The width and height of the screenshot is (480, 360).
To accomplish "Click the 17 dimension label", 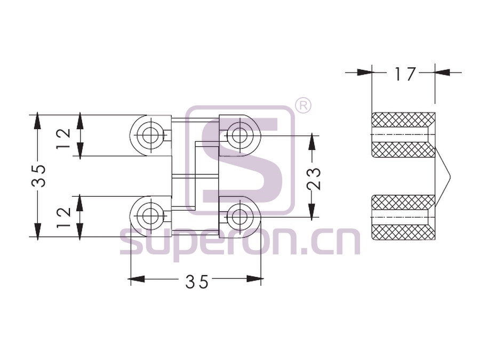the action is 405,74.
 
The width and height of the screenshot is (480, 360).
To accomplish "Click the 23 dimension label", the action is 314,179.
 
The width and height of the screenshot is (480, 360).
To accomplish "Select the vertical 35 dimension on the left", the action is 39,175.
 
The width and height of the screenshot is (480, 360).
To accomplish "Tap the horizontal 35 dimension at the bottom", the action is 196,282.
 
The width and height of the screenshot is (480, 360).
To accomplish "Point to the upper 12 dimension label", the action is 63,139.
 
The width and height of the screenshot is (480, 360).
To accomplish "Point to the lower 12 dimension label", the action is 63,218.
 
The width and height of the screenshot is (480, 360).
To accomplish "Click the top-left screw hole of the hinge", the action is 150,135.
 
